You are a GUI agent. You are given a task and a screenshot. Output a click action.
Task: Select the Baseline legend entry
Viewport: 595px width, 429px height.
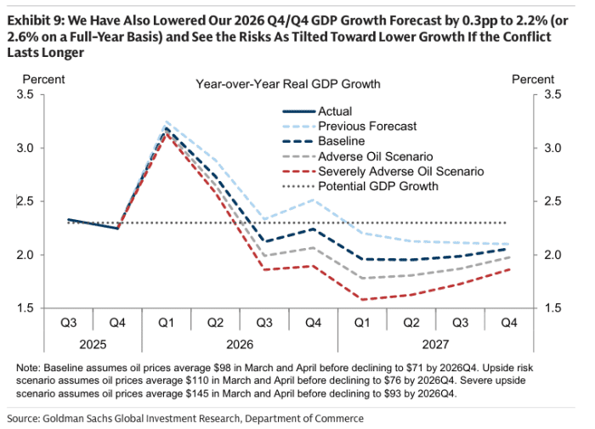pos(341,141)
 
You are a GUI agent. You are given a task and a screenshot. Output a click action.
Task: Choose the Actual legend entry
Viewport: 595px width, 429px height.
pos(334,111)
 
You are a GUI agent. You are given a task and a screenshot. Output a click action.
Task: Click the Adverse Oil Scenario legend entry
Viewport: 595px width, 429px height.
pos(375,156)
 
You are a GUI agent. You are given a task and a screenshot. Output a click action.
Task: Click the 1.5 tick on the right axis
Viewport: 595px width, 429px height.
pos(542,308)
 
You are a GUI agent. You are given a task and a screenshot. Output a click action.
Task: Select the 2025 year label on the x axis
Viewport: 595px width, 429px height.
pos(93,344)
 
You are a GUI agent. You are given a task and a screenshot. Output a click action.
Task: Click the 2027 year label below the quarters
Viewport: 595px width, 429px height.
pos(435,344)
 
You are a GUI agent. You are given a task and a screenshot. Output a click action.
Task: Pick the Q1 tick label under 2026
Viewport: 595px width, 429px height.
pos(167,323)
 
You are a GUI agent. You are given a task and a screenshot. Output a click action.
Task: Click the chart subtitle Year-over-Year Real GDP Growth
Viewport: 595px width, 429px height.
pos(288,84)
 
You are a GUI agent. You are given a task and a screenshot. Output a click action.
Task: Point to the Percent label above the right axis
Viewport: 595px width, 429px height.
pos(533,79)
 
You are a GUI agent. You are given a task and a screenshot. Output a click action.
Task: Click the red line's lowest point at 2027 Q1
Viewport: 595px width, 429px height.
pos(363,299)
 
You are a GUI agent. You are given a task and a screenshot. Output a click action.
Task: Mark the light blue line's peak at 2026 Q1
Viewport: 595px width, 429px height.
pos(167,121)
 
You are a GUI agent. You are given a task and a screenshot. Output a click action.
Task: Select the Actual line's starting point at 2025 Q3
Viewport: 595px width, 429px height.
pos(69,219)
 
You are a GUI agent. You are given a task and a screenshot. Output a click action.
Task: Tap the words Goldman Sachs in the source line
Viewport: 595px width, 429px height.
pos(84,419)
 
